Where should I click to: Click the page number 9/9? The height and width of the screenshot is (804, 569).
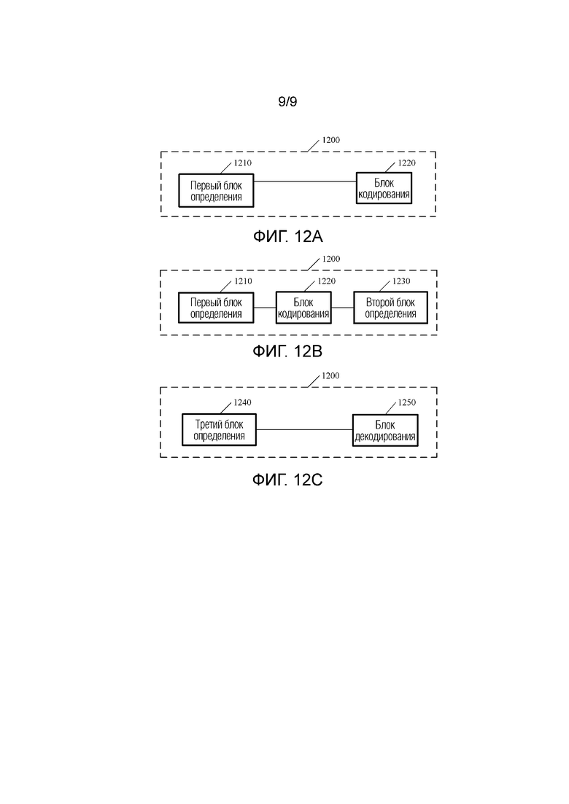(x=287, y=102)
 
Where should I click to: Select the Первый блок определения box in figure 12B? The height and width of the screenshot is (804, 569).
(x=216, y=308)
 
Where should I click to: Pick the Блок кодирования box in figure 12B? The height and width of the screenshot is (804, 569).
(x=303, y=308)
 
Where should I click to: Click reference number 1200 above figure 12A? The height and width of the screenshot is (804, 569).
(x=330, y=140)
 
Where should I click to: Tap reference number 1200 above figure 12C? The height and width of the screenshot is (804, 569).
(x=330, y=376)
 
